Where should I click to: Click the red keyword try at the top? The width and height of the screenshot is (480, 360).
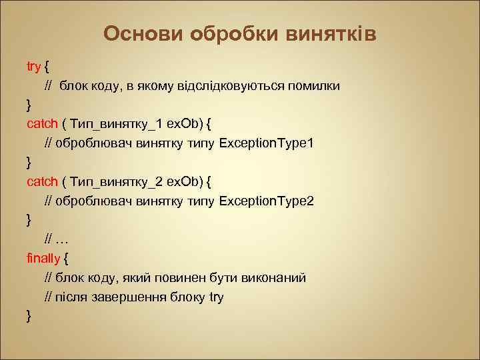[33, 67]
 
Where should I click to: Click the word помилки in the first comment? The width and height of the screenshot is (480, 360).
[316, 86]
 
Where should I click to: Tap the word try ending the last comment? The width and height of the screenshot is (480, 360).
[215, 297]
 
